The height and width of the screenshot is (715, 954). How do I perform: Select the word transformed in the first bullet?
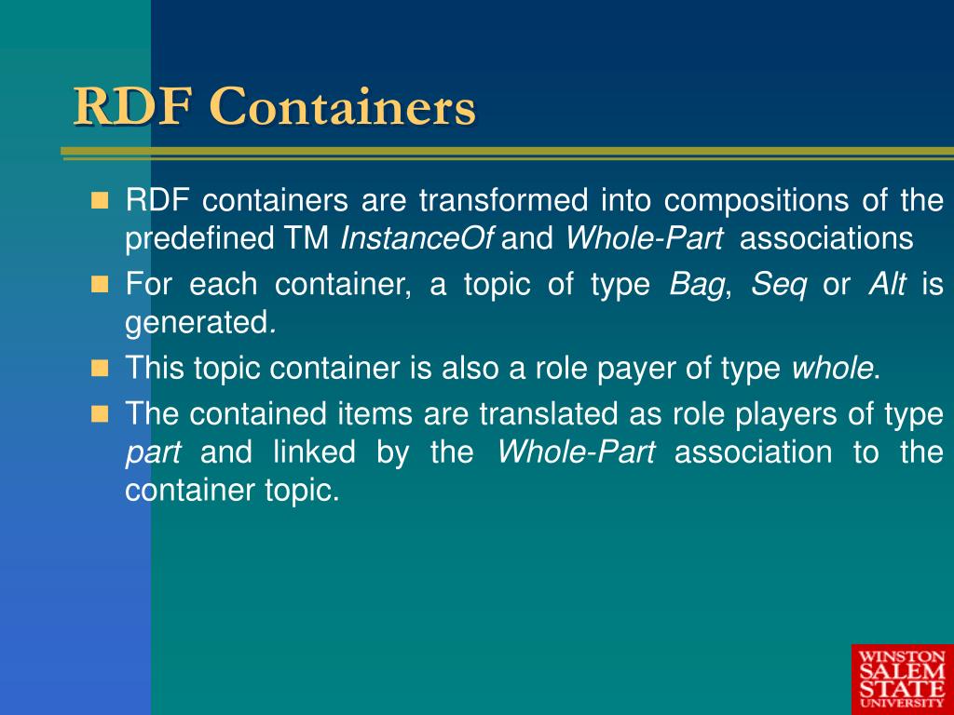point(504,200)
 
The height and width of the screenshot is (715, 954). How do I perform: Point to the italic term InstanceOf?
point(417,237)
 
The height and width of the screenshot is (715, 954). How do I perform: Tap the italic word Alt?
point(887,284)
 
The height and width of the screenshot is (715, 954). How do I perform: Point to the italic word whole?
point(832,368)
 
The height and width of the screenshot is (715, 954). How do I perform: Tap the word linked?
point(314,452)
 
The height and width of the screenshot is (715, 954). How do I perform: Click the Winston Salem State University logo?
point(902,679)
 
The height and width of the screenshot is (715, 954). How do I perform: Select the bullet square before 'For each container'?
point(100,284)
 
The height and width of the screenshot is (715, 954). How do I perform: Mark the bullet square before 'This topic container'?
point(100,368)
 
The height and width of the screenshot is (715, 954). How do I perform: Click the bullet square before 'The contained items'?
point(100,414)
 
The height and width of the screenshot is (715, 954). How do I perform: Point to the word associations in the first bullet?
point(826,237)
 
